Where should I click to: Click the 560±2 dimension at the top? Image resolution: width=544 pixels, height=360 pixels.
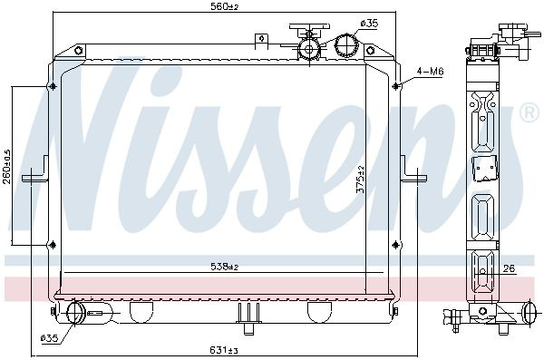[225, 6]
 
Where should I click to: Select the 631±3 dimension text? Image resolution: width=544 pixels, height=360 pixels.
[223, 350]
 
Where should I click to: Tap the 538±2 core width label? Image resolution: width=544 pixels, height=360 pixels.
[225, 267]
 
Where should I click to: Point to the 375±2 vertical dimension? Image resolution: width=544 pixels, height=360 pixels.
[361, 180]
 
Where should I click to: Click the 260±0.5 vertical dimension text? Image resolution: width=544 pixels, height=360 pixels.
[7, 167]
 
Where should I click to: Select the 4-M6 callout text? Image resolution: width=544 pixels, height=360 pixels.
[430, 72]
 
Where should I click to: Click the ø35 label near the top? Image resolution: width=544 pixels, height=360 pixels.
[369, 24]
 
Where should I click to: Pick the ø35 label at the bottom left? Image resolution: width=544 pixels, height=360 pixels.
[49, 337]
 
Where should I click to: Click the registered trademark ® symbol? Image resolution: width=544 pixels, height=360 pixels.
[529, 112]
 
